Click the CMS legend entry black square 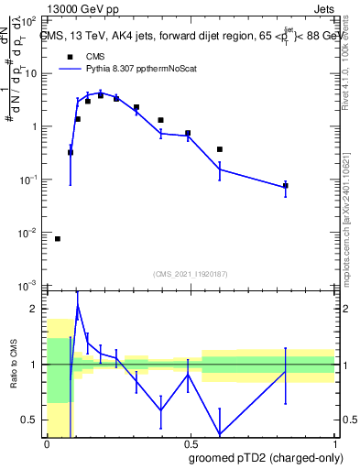tap(70, 56)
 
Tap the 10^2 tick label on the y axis tap(29, 19)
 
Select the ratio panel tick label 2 tap(36, 310)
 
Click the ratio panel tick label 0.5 tap(32, 420)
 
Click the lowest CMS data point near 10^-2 tap(58, 239)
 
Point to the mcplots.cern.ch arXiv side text tap(353, 211)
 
